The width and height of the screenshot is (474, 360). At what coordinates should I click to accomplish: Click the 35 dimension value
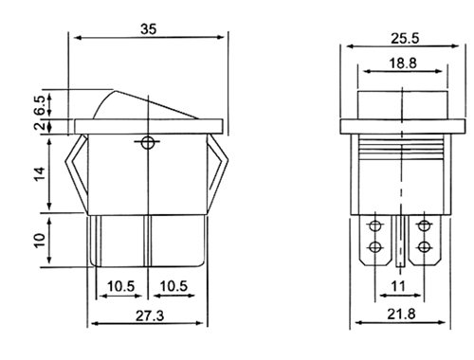148,29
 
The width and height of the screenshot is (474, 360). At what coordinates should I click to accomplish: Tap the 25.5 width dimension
405,39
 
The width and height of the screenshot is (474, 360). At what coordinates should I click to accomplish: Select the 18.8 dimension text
403,63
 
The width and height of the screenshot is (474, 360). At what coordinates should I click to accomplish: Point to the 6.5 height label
41,105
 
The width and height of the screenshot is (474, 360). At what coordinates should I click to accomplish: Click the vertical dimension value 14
40,174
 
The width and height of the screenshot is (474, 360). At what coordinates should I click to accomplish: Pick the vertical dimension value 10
40,241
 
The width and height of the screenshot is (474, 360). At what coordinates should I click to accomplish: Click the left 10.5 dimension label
120,286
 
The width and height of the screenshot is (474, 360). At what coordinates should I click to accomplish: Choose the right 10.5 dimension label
173,286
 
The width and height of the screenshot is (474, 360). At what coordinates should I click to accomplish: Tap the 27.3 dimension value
150,315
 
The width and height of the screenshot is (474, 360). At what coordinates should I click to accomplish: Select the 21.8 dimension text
401,315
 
